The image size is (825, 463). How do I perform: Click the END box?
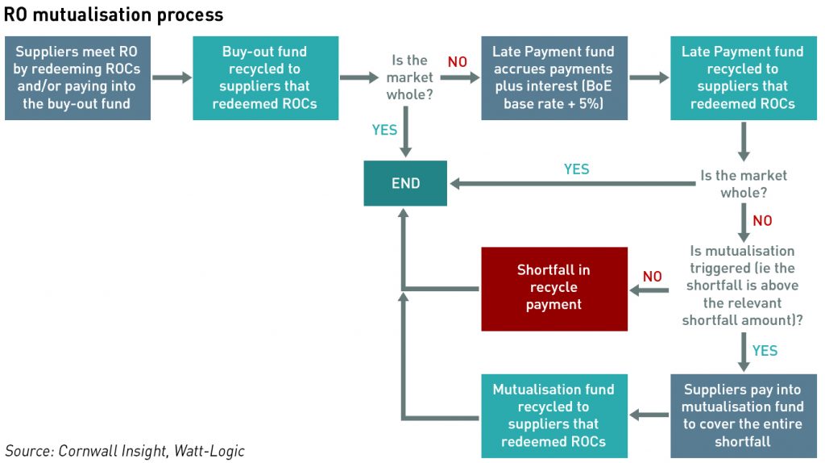(x=405, y=183)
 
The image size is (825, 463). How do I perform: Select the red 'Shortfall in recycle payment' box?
(x=554, y=289)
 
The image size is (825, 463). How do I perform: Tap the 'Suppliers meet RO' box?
(x=77, y=78)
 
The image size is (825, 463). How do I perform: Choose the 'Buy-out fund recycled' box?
(x=265, y=78)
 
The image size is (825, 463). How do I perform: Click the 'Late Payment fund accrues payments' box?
(x=554, y=78)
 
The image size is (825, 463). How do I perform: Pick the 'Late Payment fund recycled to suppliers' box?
(x=744, y=78)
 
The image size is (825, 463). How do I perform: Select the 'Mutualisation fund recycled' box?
(x=554, y=415)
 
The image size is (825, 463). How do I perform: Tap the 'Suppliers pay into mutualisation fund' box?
(x=744, y=415)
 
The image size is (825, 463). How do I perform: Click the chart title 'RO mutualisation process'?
(x=114, y=15)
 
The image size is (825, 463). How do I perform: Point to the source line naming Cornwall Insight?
(x=125, y=451)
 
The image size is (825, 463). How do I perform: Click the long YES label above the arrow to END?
(x=577, y=169)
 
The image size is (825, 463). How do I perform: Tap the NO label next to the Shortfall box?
(x=653, y=277)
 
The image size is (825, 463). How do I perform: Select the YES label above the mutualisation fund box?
(x=765, y=351)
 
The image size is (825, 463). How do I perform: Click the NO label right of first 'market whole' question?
(x=458, y=62)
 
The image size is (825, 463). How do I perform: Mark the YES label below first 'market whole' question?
(x=384, y=130)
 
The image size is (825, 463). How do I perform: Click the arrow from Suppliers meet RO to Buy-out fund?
(x=172, y=77)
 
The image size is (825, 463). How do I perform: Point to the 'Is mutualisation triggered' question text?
(x=742, y=286)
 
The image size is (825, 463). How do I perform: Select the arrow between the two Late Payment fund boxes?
(x=649, y=77)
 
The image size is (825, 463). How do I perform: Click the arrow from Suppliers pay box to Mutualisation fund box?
(x=649, y=415)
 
